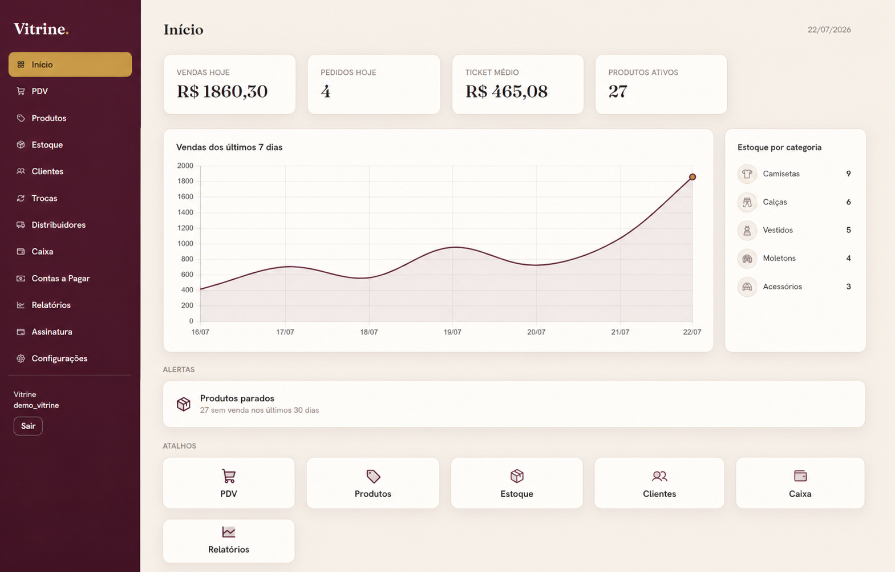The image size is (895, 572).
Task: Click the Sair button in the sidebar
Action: point(28,426)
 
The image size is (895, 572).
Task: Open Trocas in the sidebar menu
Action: point(44,198)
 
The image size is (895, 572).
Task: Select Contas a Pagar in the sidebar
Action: point(60,278)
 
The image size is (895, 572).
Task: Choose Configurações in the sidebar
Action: point(59,358)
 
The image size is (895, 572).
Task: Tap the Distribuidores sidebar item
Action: point(58,225)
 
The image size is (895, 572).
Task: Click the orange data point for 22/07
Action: point(692,176)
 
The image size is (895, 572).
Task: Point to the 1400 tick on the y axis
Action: point(185,212)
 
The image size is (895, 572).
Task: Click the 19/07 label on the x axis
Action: point(452,332)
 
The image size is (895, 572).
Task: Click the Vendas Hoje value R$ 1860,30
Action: point(222,91)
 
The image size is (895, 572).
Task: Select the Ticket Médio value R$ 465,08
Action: point(506,91)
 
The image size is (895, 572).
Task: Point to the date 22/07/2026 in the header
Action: point(829,30)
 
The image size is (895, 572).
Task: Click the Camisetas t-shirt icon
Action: point(747,174)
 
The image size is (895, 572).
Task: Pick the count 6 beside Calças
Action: point(848,202)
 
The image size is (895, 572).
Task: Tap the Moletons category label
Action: point(779,258)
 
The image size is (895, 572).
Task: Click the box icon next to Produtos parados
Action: point(184,404)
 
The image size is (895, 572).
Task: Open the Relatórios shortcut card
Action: point(229,541)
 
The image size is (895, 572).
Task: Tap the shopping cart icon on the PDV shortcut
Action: point(229,476)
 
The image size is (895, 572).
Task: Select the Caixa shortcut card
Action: point(800,483)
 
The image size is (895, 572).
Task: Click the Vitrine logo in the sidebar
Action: point(41,29)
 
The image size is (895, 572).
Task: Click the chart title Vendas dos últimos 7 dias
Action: point(229,147)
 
